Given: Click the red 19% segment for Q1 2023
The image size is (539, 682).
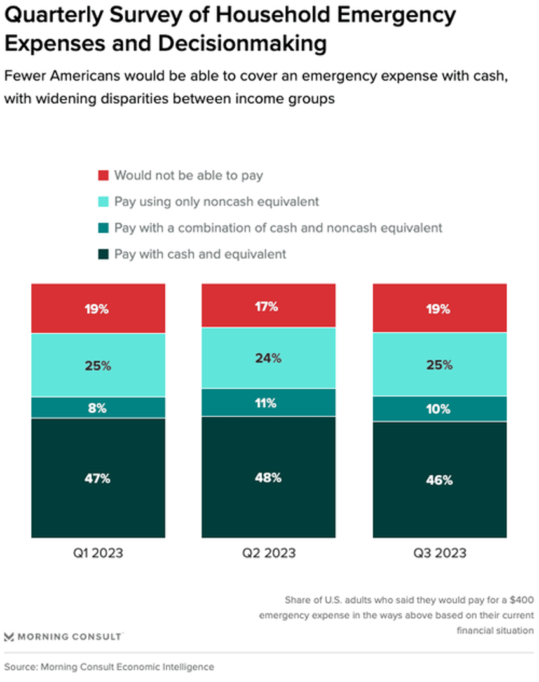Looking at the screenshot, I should click(98, 308).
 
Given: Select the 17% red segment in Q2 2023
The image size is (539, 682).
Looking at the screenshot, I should click(268, 306).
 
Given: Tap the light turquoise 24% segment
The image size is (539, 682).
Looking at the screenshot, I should click(268, 358).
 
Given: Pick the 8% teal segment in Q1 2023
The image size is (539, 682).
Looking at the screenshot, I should click(98, 407).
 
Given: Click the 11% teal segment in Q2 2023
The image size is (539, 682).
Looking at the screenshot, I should click(268, 402).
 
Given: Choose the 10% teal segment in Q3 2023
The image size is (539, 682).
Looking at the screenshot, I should click(439, 408).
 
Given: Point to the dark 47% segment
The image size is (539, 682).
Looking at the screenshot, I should click(98, 478).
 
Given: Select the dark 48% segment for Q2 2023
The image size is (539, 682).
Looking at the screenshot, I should click(268, 477).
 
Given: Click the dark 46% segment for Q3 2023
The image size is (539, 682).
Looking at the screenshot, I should click(439, 480).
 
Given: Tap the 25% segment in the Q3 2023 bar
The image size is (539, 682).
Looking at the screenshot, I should click(439, 364).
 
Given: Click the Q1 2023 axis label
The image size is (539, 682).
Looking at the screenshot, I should click(98, 553).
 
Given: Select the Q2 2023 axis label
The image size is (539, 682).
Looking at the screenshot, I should click(268, 553).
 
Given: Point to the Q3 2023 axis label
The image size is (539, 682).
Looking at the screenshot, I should click(439, 553).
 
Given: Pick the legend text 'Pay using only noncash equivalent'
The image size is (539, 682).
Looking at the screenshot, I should click(216, 201).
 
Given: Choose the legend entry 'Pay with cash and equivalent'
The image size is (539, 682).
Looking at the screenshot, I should click(200, 254).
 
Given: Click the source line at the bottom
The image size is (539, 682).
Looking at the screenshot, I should click(109, 667).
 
